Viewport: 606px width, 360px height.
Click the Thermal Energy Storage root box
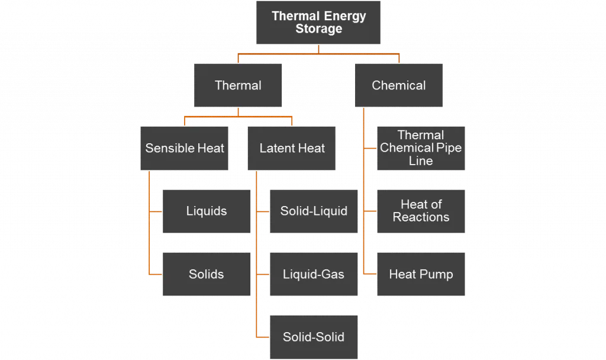(x=318, y=22)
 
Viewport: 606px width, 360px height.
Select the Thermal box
(x=238, y=85)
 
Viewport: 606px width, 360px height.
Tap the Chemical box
(x=398, y=85)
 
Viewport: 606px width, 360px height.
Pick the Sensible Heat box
(x=185, y=148)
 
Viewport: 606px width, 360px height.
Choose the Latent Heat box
(x=292, y=148)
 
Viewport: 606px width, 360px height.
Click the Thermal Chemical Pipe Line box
(x=421, y=148)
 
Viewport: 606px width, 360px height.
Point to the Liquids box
(x=206, y=211)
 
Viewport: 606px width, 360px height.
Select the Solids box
(x=206, y=274)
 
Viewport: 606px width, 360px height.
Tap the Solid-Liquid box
(x=314, y=211)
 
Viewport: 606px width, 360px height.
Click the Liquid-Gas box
(x=314, y=274)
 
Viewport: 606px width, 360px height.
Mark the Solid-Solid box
(x=314, y=337)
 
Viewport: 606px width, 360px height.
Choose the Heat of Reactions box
(x=421, y=211)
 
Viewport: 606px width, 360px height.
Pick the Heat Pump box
(x=421, y=274)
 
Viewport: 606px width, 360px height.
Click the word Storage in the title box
(x=318, y=29)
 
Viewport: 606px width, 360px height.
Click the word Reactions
(x=421, y=217)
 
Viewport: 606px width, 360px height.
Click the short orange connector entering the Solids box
(x=156, y=274)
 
